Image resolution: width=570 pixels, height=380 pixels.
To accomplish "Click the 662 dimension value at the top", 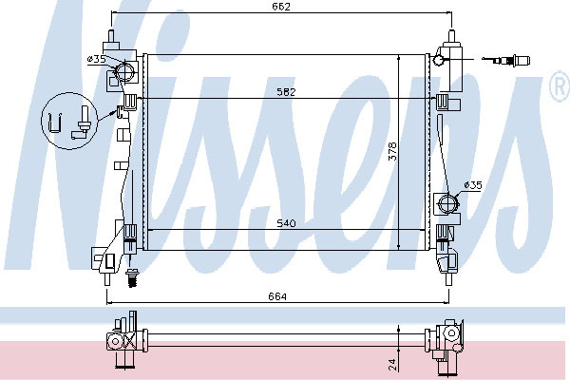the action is (281, 7).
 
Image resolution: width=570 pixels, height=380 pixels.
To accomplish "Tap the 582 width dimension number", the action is (286, 92).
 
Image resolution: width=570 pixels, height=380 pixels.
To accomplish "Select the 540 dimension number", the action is (286, 223).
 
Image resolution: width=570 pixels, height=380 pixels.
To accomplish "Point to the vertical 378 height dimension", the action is (392, 151).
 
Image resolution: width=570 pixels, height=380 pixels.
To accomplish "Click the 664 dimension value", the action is (277, 296).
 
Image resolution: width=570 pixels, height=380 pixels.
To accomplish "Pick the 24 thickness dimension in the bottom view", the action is (392, 365).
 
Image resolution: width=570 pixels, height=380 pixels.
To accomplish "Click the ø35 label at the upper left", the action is (96, 59).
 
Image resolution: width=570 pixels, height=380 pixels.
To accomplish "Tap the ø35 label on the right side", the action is (473, 185).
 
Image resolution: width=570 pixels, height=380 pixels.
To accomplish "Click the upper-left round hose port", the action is (124, 72).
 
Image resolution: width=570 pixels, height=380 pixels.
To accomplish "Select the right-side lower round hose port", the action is (447, 202).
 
